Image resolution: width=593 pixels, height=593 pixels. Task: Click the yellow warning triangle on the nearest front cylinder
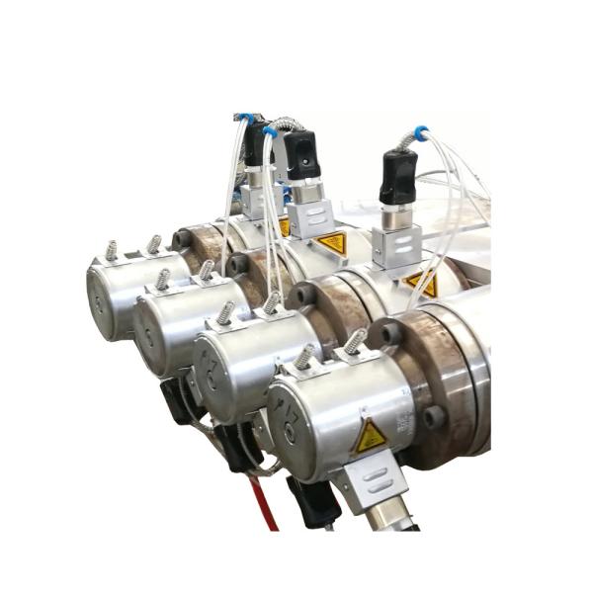click(370, 435)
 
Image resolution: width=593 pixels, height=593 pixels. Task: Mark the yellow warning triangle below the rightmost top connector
click(423, 284)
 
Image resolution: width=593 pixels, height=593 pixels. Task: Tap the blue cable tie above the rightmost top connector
click(420, 131)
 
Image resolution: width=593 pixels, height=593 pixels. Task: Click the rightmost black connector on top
click(398, 175)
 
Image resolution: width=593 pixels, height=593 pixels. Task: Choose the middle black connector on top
click(300, 154)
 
